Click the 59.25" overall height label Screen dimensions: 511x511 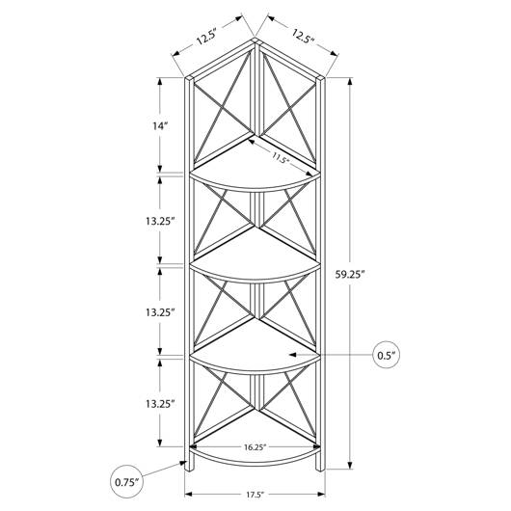pos(349,275)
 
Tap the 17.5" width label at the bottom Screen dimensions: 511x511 pos(255,495)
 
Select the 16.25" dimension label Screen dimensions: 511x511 pos(255,446)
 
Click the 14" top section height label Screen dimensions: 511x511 pos(160,125)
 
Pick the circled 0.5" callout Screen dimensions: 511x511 pos(386,355)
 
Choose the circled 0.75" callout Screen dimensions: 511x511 pos(126,482)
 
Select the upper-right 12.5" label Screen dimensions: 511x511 pos(302,37)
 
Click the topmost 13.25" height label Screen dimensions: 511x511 pos(160,222)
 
